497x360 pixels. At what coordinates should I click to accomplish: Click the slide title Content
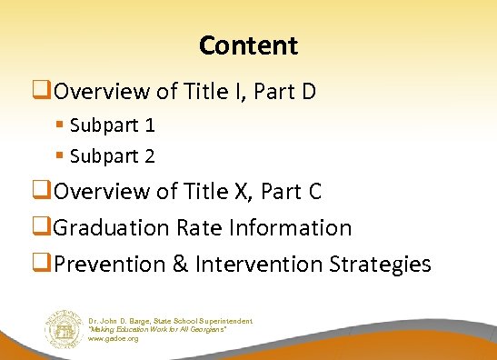point(248,45)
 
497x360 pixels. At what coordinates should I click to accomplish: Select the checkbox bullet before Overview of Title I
point(46,90)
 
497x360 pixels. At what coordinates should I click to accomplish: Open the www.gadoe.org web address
point(114,338)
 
